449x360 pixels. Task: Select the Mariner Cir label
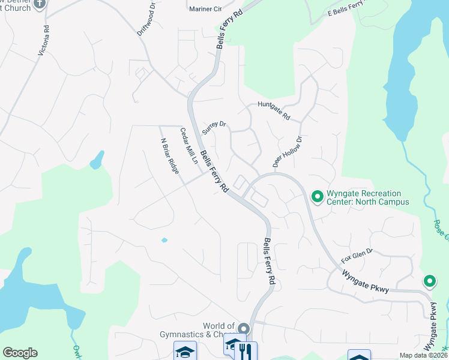coord(205,9)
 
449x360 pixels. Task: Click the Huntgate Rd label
coord(274,111)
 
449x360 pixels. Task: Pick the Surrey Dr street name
coord(214,127)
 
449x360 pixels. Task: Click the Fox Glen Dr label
coord(357,257)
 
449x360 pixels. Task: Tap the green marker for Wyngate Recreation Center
coord(318,196)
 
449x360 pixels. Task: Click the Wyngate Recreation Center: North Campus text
coord(367,198)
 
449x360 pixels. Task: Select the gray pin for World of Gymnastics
coord(243,329)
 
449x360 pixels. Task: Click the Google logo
coord(20,353)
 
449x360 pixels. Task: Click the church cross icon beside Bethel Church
coord(40,3)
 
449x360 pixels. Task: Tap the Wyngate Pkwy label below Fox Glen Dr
coord(366,282)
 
